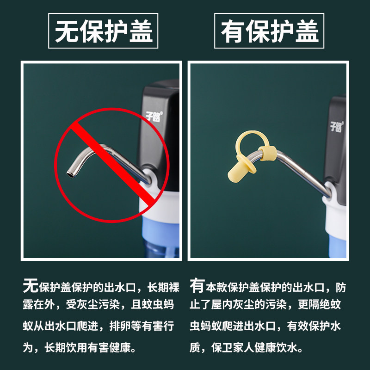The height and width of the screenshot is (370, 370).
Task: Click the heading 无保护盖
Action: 103,31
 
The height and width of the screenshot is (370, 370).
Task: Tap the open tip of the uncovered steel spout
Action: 70,175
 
